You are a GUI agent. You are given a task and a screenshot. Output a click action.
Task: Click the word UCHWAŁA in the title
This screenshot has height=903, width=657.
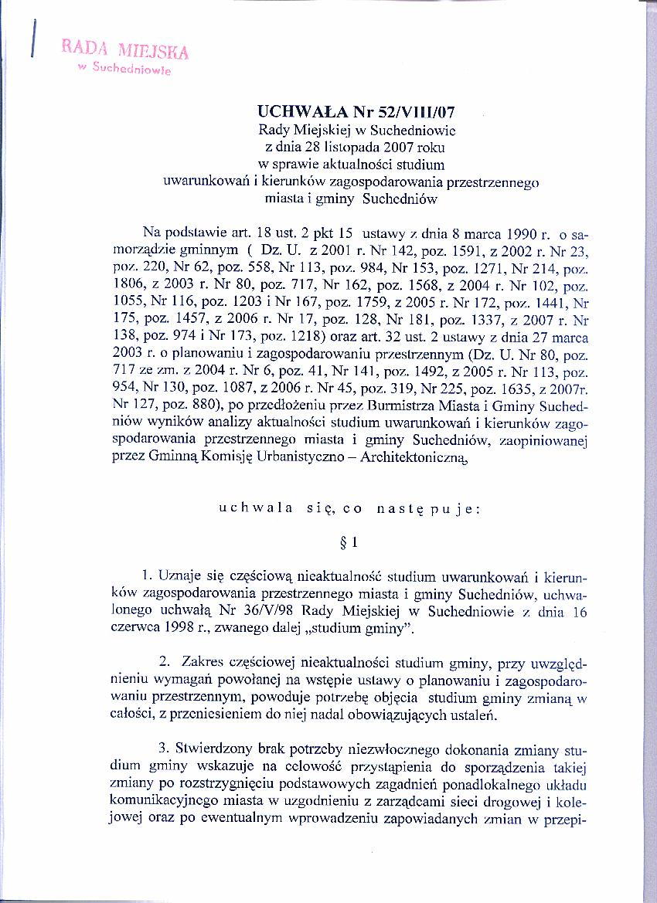tap(297, 114)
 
